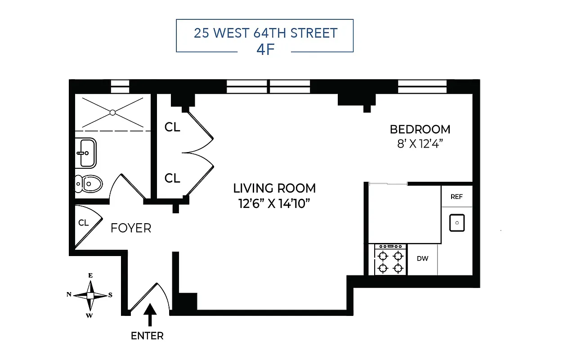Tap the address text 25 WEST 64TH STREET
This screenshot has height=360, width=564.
[265, 33]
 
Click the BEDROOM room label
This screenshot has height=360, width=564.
[420, 130]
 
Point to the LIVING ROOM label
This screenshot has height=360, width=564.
[274, 188]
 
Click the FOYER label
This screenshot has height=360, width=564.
[131, 229]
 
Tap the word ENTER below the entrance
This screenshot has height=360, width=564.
[147, 336]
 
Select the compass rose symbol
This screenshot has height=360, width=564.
[90, 295]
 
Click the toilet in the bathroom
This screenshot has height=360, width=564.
[88, 184]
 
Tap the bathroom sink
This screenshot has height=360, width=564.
[85, 153]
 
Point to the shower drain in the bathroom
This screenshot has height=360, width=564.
[113, 112]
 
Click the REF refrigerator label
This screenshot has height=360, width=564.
[456, 197]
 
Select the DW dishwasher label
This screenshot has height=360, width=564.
[422, 259]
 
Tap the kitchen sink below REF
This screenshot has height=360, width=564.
[457, 223]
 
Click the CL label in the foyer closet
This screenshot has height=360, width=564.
[84, 223]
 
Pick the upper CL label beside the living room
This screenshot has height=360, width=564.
[172, 127]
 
